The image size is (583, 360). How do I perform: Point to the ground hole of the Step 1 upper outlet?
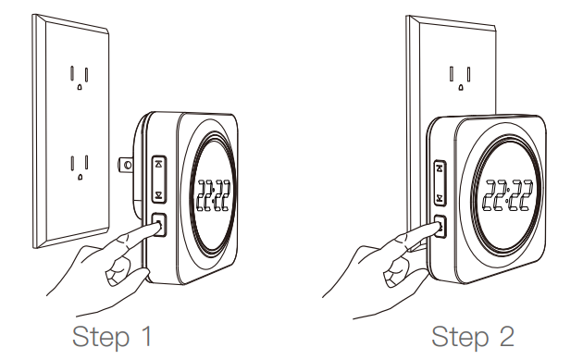click(x=81, y=86)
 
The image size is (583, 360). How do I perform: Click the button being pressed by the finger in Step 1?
click(x=156, y=224)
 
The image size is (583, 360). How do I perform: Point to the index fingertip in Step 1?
click(x=147, y=229)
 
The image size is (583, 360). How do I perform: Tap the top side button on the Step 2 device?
click(x=440, y=168)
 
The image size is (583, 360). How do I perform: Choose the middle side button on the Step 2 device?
click(x=440, y=196)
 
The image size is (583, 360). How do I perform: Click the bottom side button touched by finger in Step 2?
click(x=440, y=225)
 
